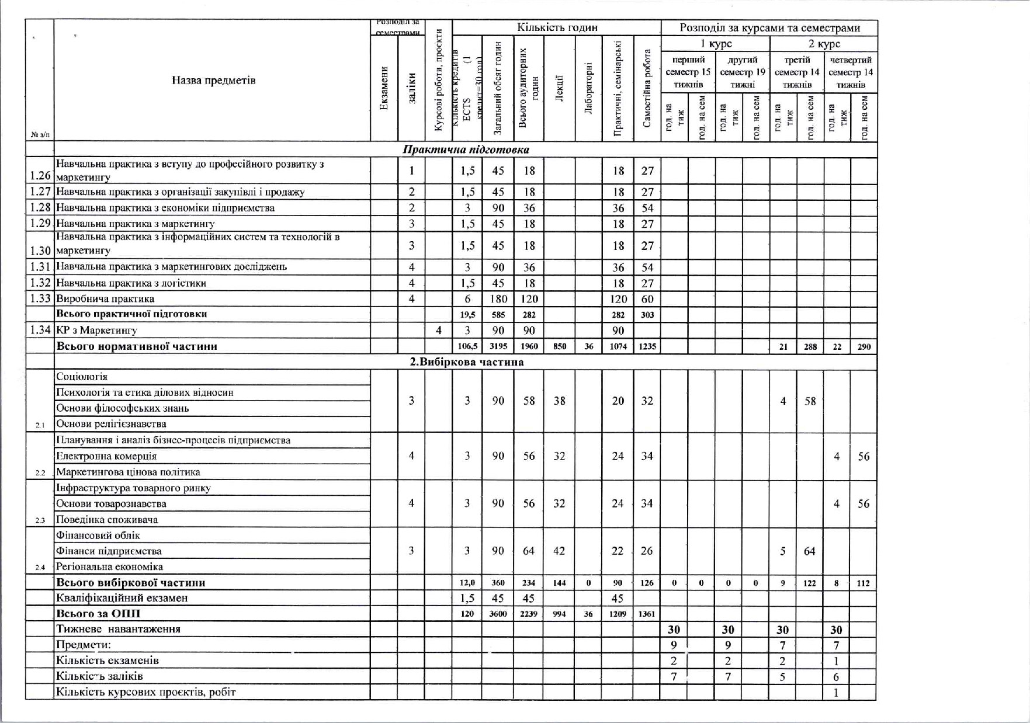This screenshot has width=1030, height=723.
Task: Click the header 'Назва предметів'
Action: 213,81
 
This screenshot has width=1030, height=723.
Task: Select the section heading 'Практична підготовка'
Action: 466,150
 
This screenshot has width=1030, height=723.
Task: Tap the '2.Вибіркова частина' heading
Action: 466,362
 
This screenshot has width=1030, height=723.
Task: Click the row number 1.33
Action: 40,299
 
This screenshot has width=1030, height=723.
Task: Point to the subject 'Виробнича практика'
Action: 105,299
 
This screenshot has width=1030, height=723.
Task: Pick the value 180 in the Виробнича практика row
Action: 498,299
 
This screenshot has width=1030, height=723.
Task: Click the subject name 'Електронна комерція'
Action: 106,456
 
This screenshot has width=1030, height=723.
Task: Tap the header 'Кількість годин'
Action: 557,27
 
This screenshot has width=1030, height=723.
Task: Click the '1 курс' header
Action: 716,44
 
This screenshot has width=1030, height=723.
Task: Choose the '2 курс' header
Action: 824,44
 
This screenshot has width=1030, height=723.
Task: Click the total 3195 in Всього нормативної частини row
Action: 498,346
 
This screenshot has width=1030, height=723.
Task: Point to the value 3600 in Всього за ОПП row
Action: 498,614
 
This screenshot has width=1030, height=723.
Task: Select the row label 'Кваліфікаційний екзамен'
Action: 122,598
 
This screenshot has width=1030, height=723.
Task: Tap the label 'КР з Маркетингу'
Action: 96,331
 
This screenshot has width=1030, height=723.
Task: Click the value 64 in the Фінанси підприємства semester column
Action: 809,551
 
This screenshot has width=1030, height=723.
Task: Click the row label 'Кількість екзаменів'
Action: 107,661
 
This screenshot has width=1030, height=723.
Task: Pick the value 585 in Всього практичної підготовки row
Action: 498,315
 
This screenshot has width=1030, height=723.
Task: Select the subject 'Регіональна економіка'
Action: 109,566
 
